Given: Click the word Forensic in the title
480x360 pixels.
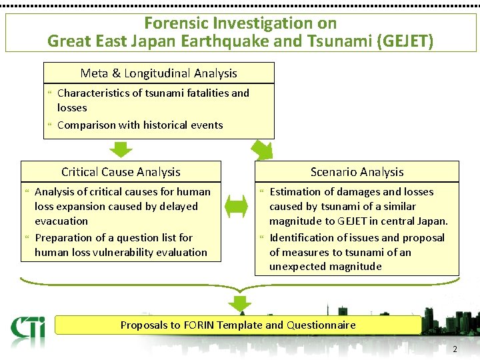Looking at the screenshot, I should click(173, 23).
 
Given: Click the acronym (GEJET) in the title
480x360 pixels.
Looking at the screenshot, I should click(405, 41).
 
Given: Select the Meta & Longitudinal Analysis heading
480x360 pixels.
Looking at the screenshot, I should click(159, 73).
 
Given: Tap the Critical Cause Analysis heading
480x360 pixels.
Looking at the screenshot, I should click(121, 172).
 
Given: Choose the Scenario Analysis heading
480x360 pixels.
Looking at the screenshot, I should click(357, 172).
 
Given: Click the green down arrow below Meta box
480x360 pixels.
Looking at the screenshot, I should click(120, 150).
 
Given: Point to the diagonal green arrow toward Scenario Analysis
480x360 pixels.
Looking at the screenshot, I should click(261, 149).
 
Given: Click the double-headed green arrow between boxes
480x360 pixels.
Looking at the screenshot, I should click(237, 208).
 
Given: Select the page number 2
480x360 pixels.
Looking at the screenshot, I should click(455, 349).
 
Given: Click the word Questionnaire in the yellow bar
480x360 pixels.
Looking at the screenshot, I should click(321, 325).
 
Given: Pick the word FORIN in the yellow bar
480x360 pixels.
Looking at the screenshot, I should click(199, 325).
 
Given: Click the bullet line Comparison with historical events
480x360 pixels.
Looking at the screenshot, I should click(140, 125).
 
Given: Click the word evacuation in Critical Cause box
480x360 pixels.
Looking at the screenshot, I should click(61, 221).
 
